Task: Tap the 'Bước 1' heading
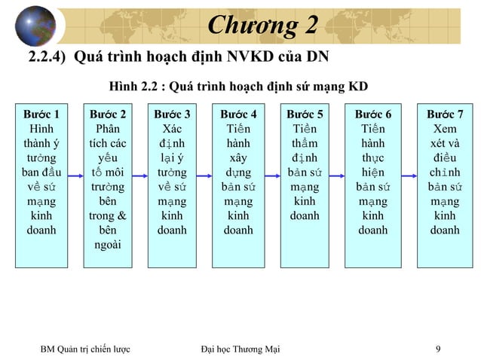tap(41, 114)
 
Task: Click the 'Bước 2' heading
tap(107, 114)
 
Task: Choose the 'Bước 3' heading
tap(172, 114)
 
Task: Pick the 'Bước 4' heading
tap(238, 114)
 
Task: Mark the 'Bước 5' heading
tap(305, 114)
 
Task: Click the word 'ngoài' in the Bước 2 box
tap(107, 245)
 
